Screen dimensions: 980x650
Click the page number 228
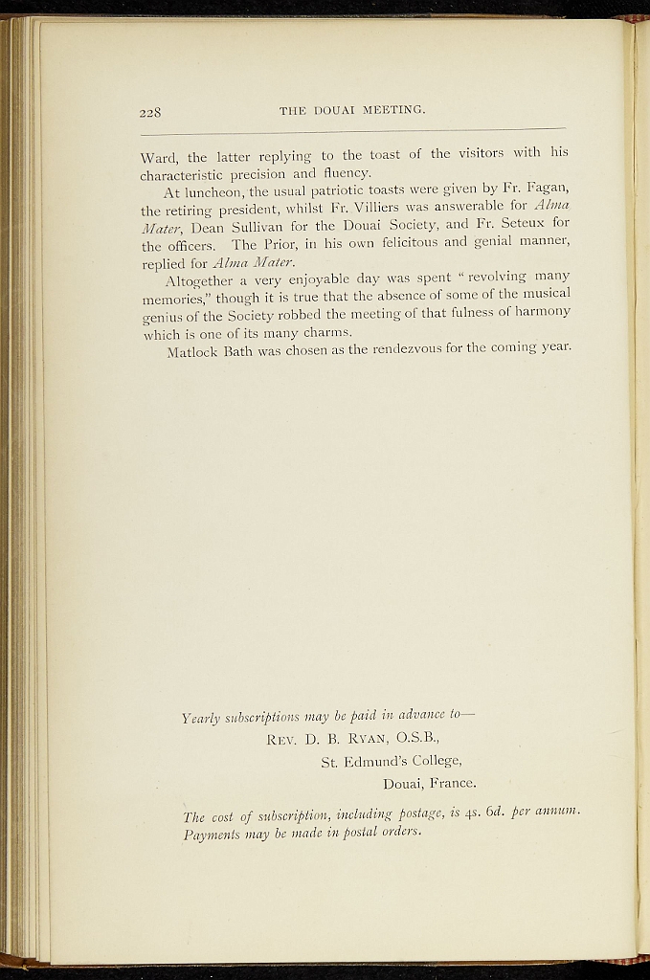point(149,112)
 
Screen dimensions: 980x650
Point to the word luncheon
point(221,193)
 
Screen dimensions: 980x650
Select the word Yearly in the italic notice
point(203,716)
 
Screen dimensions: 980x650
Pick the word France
point(450,784)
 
